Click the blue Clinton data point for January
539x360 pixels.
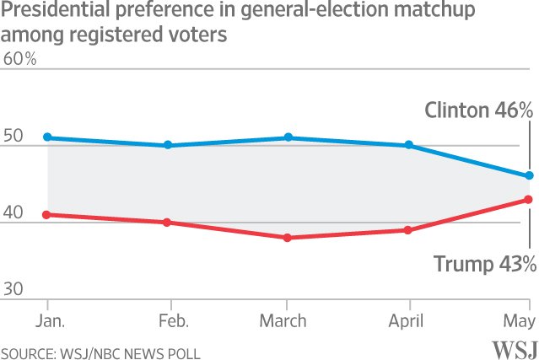[48, 137]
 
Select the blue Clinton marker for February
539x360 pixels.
[168, 145]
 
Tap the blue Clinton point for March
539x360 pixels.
[288, 137]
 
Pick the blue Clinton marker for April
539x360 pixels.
[409, 145]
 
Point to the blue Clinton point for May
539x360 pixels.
[529, 175]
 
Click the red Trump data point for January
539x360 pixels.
[48, 214]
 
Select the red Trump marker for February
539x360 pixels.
[168, 223]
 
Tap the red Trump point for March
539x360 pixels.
[288, 238]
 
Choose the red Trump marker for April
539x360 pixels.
[409, 230]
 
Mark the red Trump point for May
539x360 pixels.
[529, 199]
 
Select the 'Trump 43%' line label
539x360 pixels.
[484, 264]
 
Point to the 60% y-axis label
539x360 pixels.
[20, 59]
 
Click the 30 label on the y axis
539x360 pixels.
[14, 290]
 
